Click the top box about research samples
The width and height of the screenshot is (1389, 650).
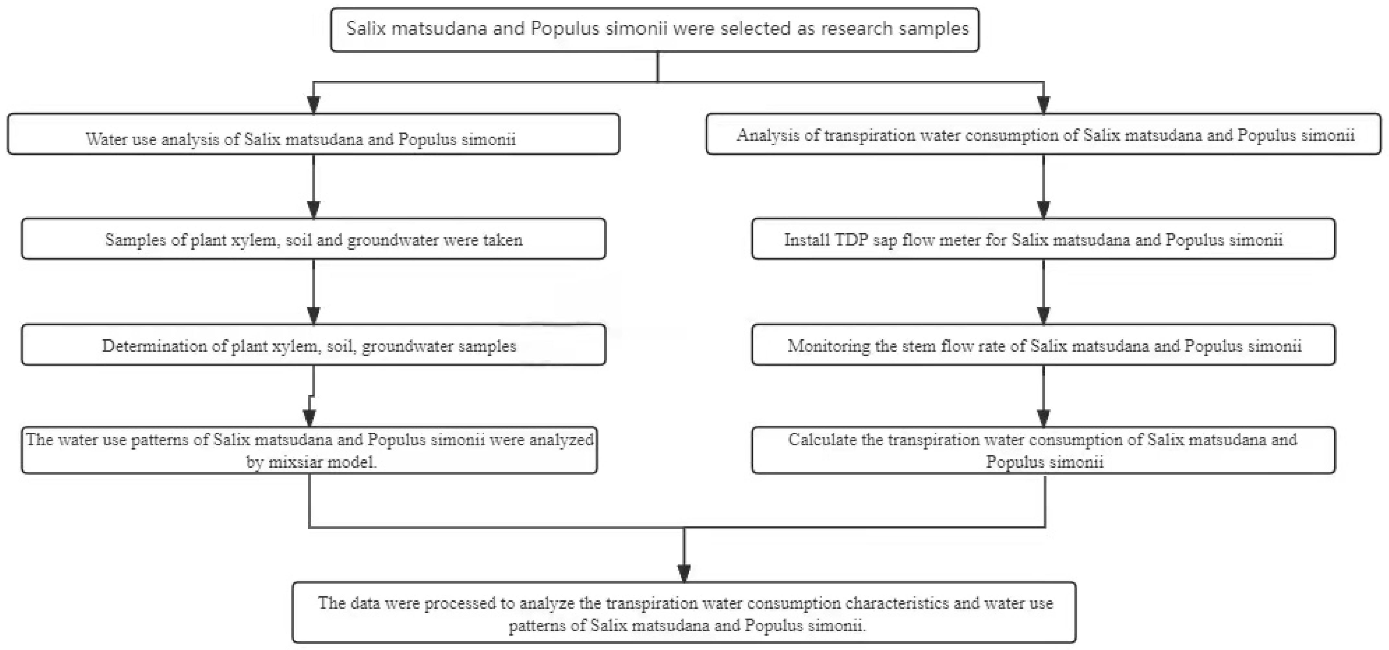click(654, 30)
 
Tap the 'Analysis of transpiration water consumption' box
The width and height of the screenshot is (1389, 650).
click(1043, 134)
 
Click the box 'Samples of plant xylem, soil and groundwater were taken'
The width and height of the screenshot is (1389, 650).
click(313, 239)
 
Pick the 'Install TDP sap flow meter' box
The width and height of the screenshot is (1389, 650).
click(1043, 239)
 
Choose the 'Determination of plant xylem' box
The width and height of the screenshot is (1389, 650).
click(313, 345)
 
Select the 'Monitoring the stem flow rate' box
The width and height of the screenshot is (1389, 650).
click(1043, 345)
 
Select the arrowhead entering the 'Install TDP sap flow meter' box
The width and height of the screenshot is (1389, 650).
click(1043, 209)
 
